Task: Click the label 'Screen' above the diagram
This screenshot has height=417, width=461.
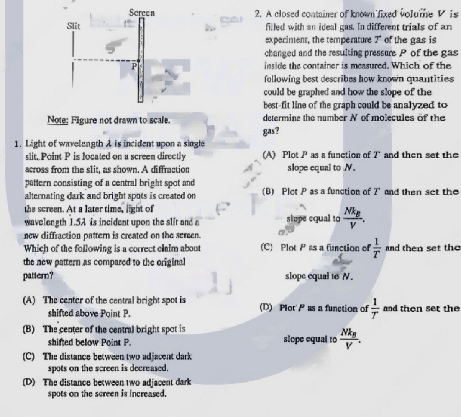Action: (142, 13)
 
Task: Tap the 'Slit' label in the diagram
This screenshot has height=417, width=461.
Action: (73, 26)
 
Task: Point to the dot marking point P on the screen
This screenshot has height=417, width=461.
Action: (139, 60)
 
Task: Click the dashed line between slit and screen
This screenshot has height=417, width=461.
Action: (103, 60)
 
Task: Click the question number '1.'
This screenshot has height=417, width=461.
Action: (17, 144)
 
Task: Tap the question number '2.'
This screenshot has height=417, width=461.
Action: (258, 15)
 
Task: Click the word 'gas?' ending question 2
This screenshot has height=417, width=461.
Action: (271, 131)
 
